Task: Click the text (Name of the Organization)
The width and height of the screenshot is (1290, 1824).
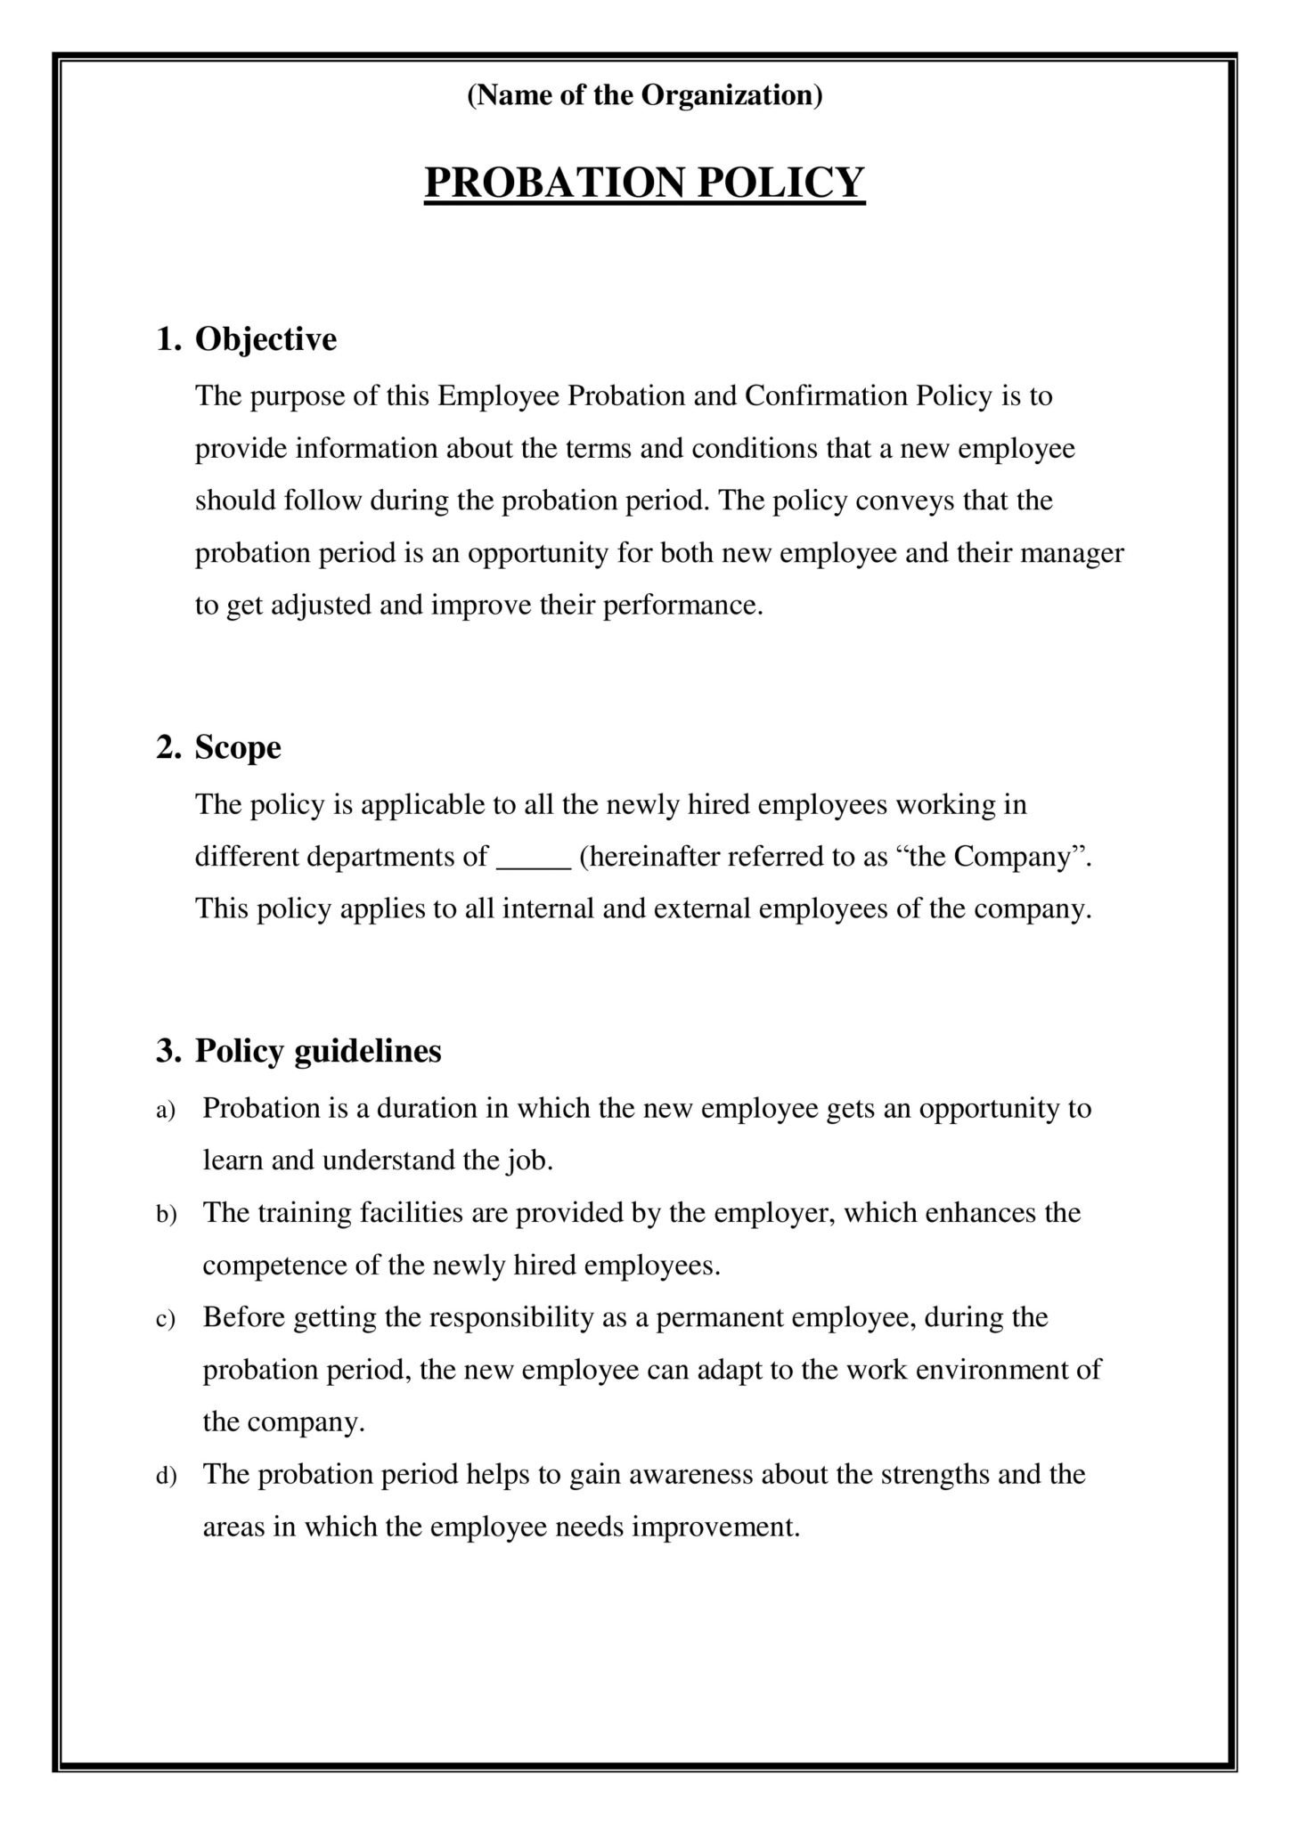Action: pos(644,95)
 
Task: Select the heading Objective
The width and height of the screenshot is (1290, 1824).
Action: pos(265,339)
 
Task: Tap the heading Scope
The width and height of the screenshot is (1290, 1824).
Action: pos(238,747)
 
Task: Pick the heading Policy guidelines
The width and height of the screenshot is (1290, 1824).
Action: pos(318,1051)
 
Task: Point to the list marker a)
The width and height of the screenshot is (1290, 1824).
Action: pos(167,1110)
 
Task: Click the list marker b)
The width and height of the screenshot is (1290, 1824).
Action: pos(167,1214)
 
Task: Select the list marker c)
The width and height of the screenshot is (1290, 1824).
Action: pos(167,1319)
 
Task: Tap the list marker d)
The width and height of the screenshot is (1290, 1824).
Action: pos(167,1477)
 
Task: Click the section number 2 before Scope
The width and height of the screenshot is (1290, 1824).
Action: pos(167,747)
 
